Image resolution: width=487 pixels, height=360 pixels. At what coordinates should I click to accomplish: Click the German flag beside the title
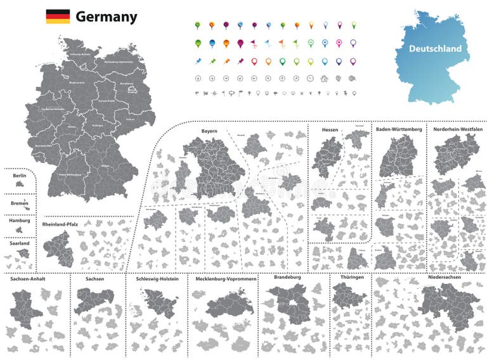point(58,16)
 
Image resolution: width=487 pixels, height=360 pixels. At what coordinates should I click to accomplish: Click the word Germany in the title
point(106,17)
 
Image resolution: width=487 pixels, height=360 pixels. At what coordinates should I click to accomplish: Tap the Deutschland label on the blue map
point(435,49)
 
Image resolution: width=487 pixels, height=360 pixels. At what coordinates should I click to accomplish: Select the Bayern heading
point(209,131)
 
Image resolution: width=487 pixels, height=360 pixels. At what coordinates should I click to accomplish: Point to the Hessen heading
point(330,130)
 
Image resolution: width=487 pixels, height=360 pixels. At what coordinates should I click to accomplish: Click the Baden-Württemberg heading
point(399,129)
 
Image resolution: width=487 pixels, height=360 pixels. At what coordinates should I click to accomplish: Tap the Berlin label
point(18,174)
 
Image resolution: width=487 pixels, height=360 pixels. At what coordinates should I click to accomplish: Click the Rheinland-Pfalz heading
point(62,224)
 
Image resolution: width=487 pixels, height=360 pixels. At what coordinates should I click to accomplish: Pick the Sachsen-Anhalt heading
point(28,278)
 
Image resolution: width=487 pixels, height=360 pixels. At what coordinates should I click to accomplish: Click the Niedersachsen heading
point(443,277)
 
